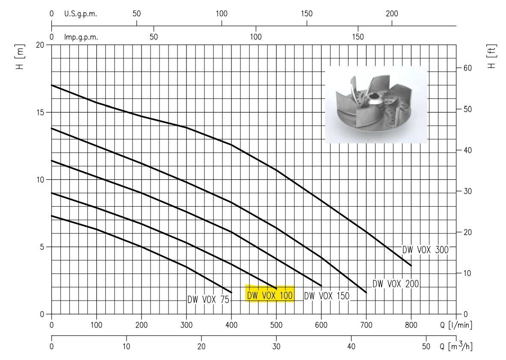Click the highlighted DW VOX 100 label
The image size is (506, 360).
pyautogui.click(x=270, y=295)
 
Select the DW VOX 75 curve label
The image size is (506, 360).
pyautogui.click(x=208, y=300)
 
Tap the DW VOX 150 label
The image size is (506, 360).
pyautogui.click(x=327, y=296)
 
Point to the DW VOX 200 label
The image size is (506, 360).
pyautogui.click(x=396, y=284)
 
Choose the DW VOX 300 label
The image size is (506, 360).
pyautogui.click(x=425, y=250)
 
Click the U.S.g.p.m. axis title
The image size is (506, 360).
pyautogui.click(x=80, y=14)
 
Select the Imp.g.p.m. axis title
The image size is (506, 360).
pyautogui.click(x=81, y=37)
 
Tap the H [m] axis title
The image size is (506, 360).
pyautogui.click(x=20, y=57)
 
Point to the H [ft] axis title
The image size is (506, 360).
pyautogui.click(x=491, y=57)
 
